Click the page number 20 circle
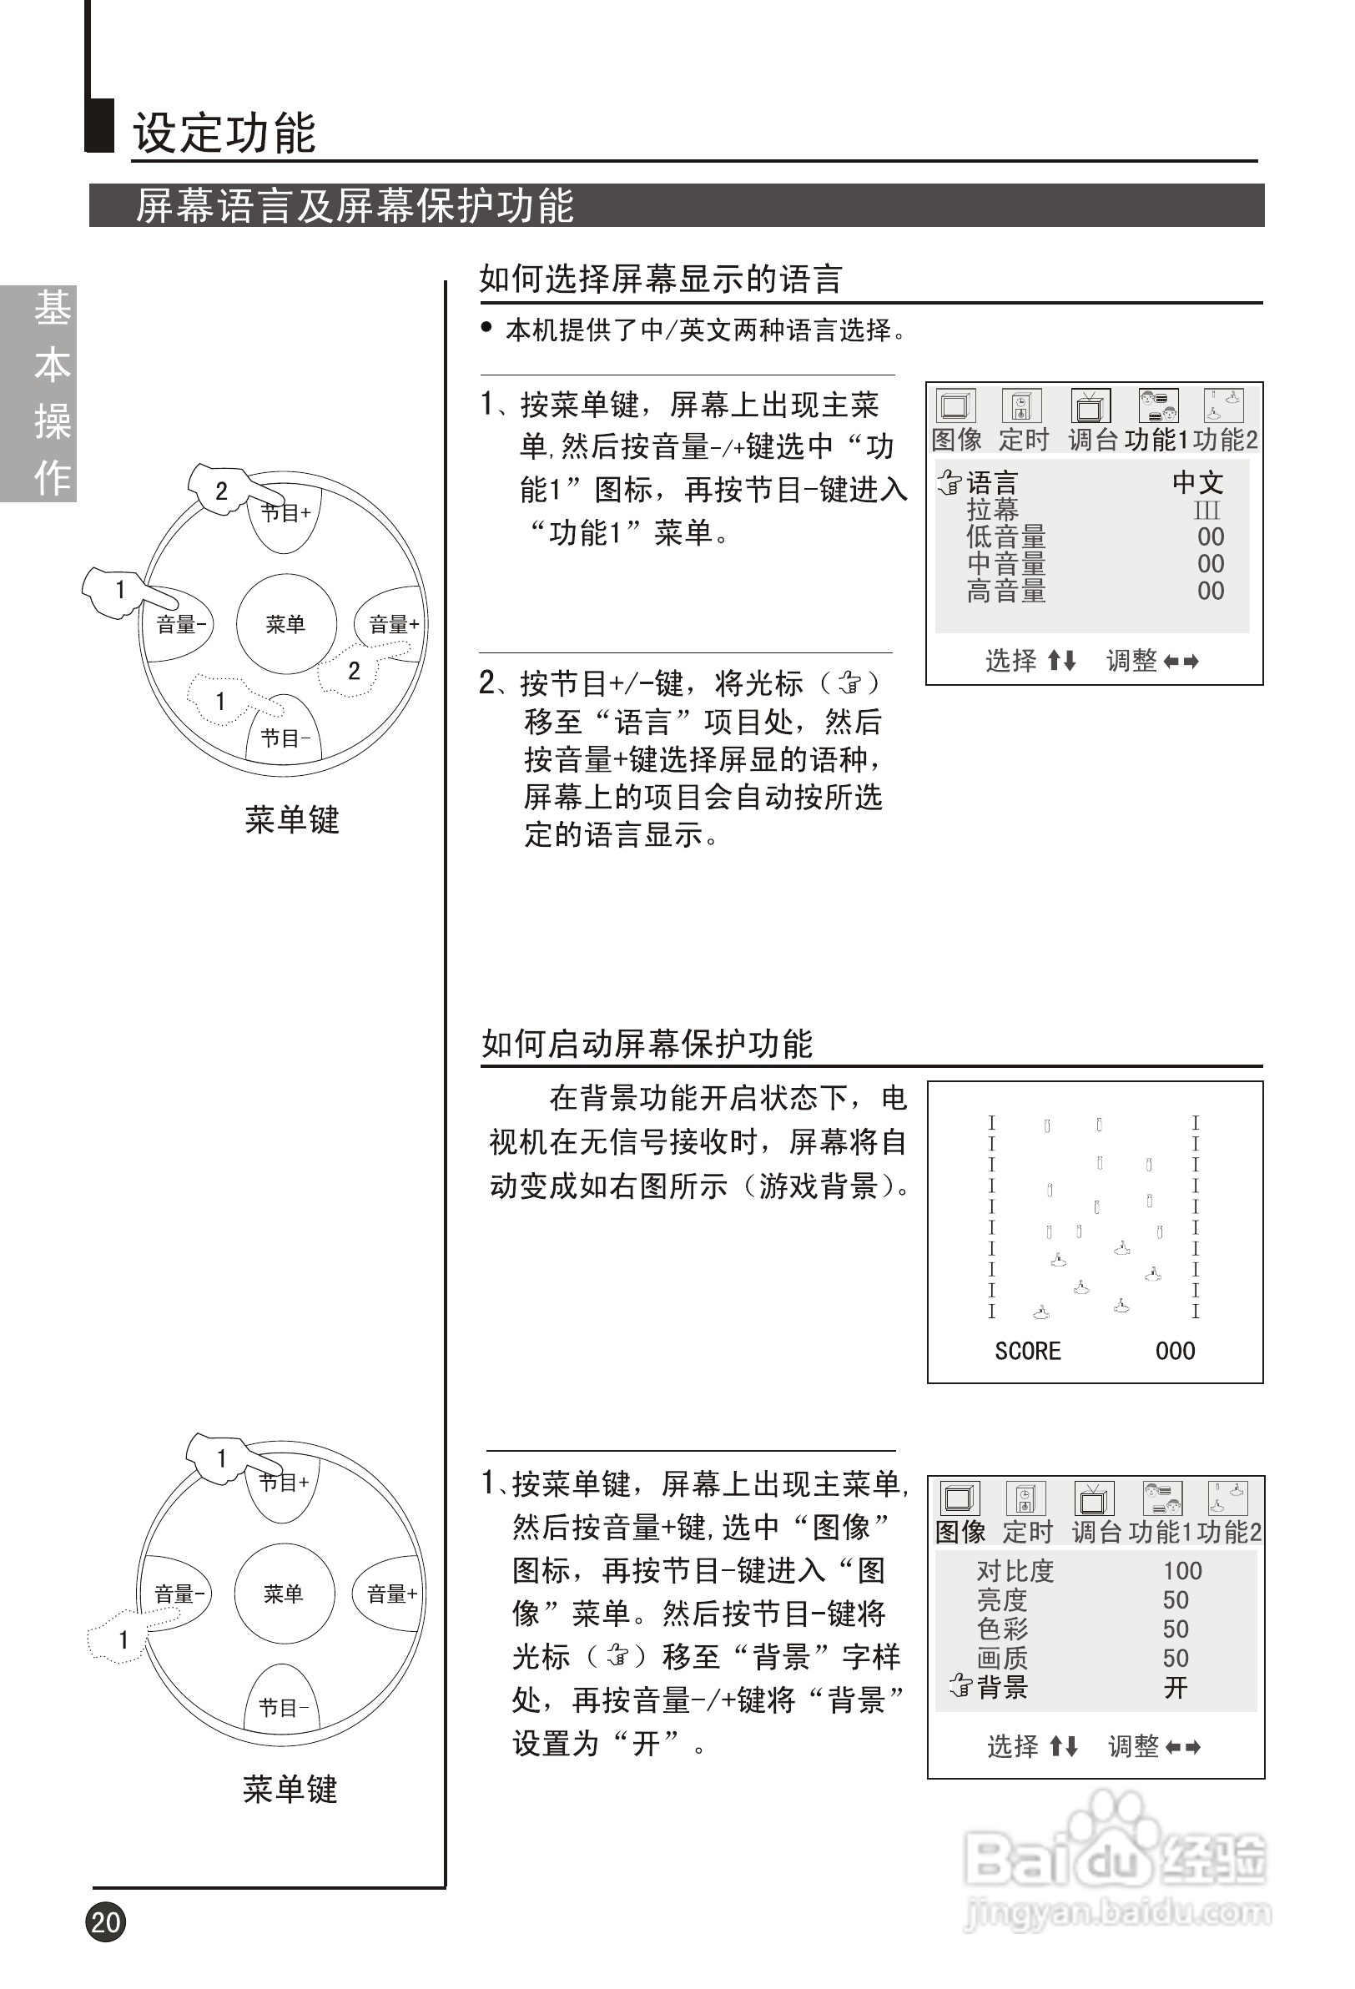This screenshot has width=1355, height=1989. pyautogui.click(x=105, y=1921)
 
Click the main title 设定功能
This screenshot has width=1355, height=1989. pyautogui.click(x=224, y=133)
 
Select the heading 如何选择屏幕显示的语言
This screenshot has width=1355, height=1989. pyautogui.click(x=661, y=279)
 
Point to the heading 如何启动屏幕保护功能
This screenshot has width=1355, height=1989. pyautogui.click(x=647, y=1043)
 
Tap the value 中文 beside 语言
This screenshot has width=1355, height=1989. pyautogui.click(x=1197, y=483)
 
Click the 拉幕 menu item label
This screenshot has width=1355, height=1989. pyautogui.click(x=992, y=510)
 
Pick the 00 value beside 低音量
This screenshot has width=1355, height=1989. pyautogui.click(x=1211, y=536)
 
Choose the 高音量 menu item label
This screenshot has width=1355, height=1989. pyautogui.click(x=1005, y=591)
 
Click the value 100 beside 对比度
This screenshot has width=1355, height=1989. pyautogui.click(x=1182, y=1571)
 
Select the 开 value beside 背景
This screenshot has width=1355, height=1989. pyautogui.click(x=1176, y=1688)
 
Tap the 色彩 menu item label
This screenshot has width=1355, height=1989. pyautogui.click(x=1002, y=1629)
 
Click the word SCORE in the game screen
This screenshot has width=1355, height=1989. pyautogui.click(x=1027, y=1352)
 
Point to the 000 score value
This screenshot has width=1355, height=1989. pyautogui.click(x=1175, y=1352)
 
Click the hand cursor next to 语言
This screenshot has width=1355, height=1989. pyautogui.click(x=950, y=484)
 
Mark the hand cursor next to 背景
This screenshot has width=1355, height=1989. pyautogui.click(x=960, y=1688)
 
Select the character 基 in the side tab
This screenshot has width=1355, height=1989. pyautogui.click(x=53, y=308)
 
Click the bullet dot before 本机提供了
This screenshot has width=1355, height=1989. pyautogui.click(x=486, y=327)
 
